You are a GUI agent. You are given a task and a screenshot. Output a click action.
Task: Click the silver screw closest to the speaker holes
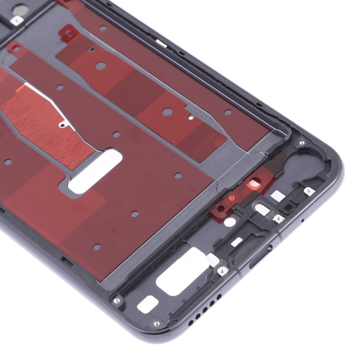tap(156, 324)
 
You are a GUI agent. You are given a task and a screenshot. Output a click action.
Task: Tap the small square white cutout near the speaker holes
tap(148, 304)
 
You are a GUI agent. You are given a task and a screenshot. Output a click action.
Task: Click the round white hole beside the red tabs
tap(230, 222)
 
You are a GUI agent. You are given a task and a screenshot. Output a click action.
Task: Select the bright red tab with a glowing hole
tap(253, 184)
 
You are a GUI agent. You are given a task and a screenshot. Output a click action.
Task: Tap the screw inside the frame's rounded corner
tap(301, 143)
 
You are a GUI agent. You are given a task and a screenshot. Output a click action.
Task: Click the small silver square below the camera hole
tap(17, 20)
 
